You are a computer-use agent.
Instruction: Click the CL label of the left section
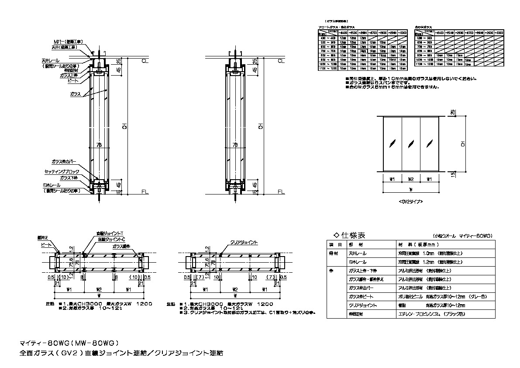[x=145, y=61]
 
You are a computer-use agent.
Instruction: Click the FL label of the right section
[x=281, y=192]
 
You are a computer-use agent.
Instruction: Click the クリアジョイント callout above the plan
[x=244, y=242]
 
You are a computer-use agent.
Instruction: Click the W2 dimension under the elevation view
[x=410, y=179]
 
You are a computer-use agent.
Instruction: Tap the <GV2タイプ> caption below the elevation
[x=410, y=201]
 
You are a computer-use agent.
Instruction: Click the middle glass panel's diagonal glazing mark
[x=410, y=143]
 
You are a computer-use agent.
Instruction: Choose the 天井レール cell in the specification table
[x=358, y=253]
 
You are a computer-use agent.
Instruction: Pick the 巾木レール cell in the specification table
[x=358, y=263]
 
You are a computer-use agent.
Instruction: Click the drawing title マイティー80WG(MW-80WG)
[x=70, y=342]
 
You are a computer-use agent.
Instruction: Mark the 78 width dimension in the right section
[x=235, y=145]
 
